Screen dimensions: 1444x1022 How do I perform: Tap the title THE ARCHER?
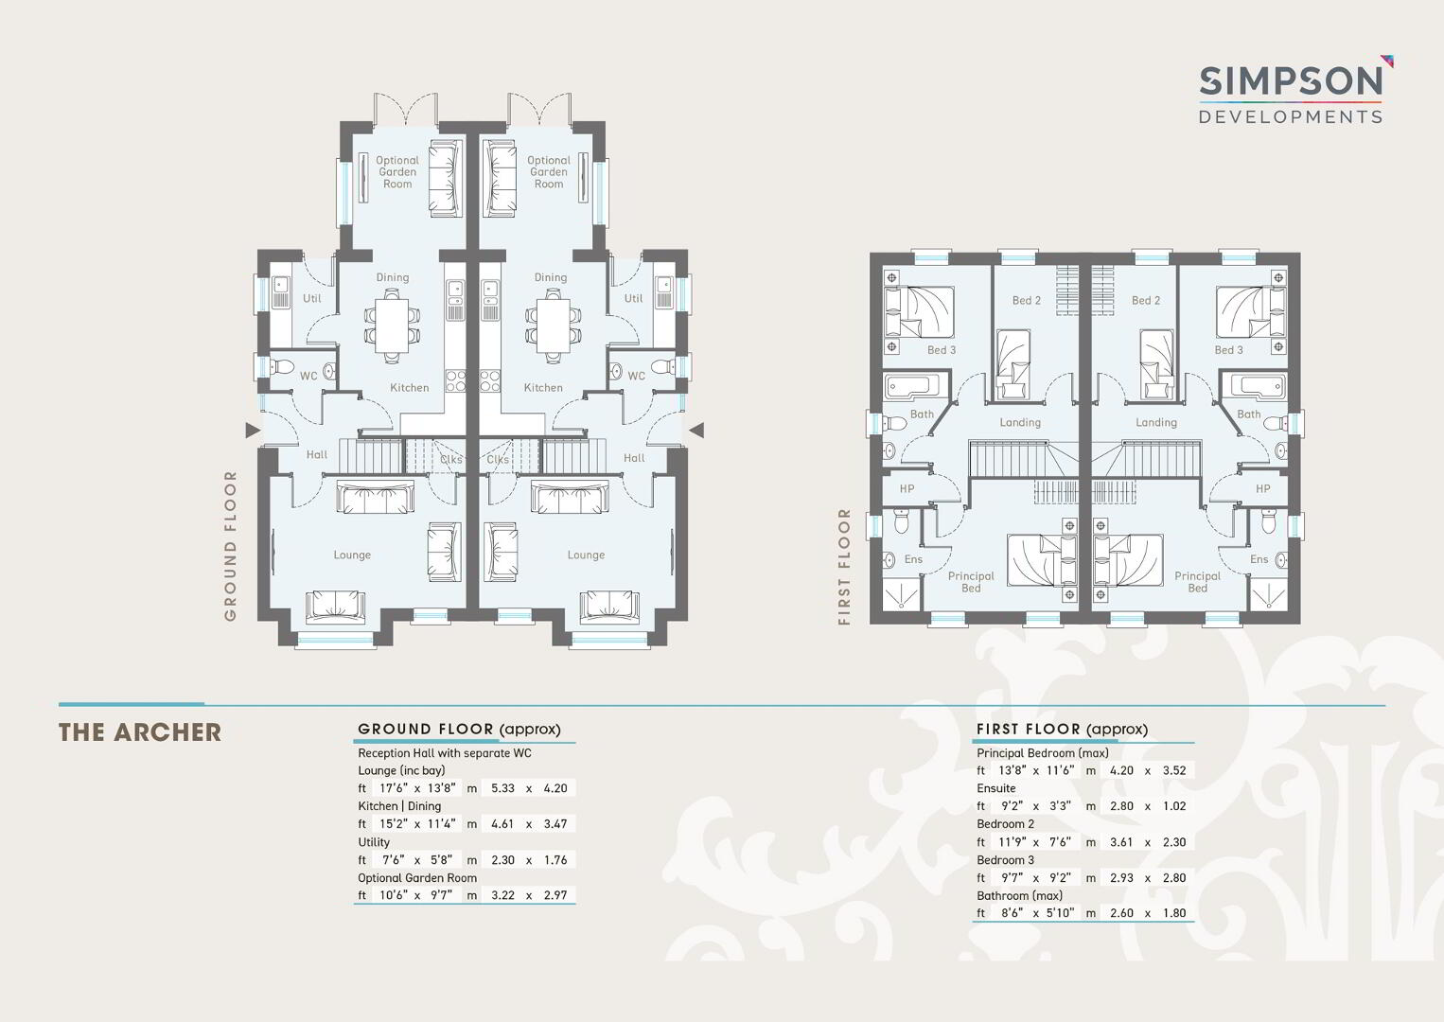(x=140, y=732)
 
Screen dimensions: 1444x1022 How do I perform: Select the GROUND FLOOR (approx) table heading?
(x=459, y=730)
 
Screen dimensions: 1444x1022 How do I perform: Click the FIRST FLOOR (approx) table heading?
(x=1062, y=730)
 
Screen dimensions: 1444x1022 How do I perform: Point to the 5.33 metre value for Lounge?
(x=502, y=788)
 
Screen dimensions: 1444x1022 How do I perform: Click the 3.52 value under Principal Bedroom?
(x=1174, y=770)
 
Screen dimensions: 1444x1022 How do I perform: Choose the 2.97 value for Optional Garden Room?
(x=555, y=895)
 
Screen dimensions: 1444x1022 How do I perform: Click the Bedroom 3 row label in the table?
(x=1005, y=859)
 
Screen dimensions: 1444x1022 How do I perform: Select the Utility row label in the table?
(x=374, y=842)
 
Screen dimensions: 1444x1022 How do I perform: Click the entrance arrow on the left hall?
(x=253, y=430)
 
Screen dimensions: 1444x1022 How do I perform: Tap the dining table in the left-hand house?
(x=392, y=326)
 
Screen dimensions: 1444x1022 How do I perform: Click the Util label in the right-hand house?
(x=633, y=298)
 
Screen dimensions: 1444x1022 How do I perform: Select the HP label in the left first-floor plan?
(x=907, y=488)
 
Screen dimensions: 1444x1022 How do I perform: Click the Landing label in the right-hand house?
(x=1155, y=422)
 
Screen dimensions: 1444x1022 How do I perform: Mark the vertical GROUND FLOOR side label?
(x=230, y=546)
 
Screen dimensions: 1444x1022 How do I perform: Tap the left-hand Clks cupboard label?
(x=450, y=459)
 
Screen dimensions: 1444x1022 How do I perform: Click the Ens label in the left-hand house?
(x=913, y=559)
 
